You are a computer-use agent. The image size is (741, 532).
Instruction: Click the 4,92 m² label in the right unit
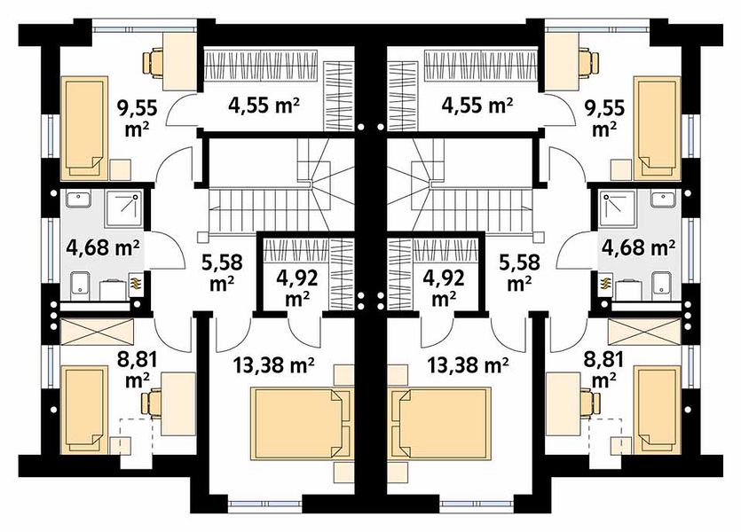coord(445,287)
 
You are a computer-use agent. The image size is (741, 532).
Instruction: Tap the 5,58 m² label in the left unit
coord(222,271)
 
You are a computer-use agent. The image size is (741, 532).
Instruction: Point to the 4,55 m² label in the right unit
coord(477,106)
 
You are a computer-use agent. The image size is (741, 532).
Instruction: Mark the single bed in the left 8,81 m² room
coord(84,410)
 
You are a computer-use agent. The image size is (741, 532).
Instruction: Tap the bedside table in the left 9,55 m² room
coord(120,170)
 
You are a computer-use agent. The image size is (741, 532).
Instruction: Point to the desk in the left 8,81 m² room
coord(178,404)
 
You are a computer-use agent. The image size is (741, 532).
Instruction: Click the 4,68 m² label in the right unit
coord(638,246)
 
